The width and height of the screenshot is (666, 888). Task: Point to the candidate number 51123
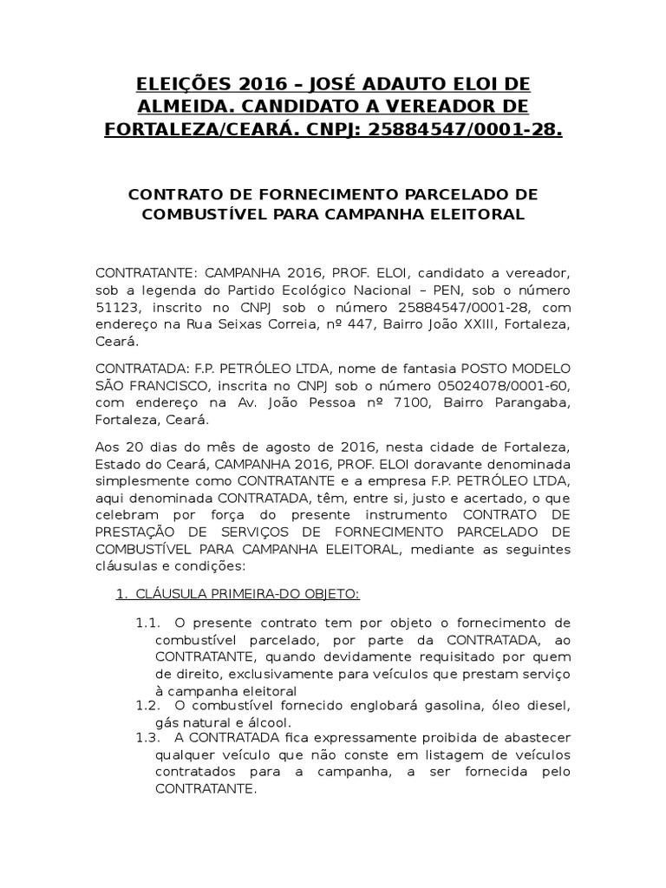tap(118, 308)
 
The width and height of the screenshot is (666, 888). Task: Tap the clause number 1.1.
tap(149, 623)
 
